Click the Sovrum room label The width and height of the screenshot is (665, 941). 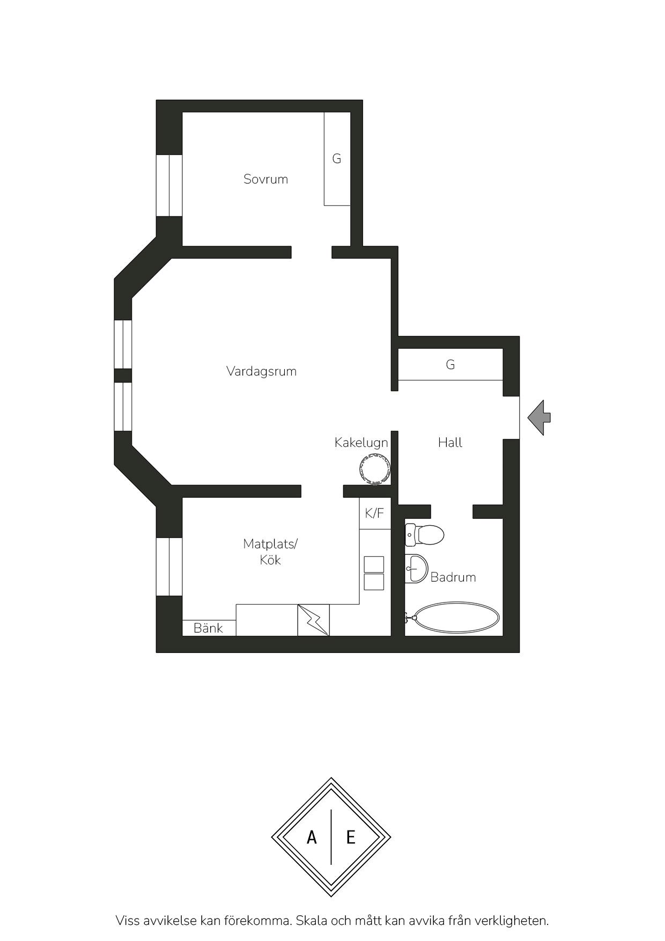click(265, 179)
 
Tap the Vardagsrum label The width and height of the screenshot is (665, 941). click(261, 371)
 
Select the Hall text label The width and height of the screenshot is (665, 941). click(450, 443)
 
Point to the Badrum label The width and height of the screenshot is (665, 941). click(453, 577)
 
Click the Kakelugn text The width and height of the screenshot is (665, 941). click(361, 443)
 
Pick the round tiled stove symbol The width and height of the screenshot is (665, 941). click(374, 469)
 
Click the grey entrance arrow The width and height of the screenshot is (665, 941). click(539, 417)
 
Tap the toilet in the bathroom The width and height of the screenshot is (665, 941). click(425, 534)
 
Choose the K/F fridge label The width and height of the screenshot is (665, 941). click(374, 513)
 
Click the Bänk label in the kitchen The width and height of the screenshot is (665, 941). click(208, 628)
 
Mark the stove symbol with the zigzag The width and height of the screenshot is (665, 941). click(314, 620)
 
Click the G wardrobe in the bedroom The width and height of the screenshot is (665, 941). click(337, 159)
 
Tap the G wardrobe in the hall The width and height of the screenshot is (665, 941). click(450, 365)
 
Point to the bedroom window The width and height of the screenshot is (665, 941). click(169, 186)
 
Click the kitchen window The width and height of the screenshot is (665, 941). click(169, 566)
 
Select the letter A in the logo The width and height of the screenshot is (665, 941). click(312, 837)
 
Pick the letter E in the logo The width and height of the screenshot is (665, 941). click(351, 837)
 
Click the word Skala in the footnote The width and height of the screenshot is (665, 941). click(312, 921)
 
